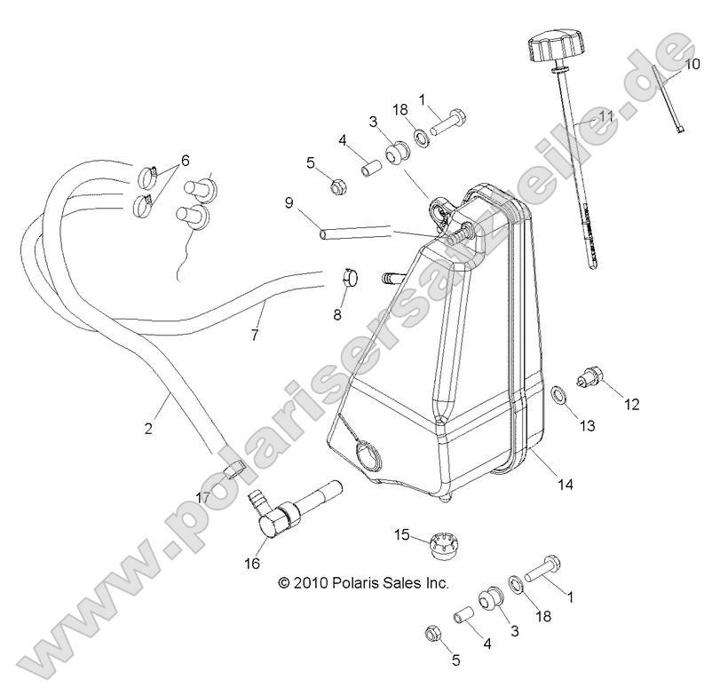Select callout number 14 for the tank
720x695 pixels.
pos(566,484)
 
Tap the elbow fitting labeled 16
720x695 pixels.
pos(286,507)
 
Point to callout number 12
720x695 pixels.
pos(631,405)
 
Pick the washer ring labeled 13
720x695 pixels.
pos(558,394)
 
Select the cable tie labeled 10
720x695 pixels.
pos(668,99)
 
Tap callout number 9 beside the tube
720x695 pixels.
pos(289,202)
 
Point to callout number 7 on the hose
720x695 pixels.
pos(256,335)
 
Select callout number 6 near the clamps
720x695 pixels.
pos(185,161)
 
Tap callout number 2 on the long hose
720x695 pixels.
pos(148,429)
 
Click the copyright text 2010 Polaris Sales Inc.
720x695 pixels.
pos(363,583)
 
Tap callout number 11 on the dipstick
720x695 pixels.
pos(606,116)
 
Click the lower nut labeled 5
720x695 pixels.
pos(433,634)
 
